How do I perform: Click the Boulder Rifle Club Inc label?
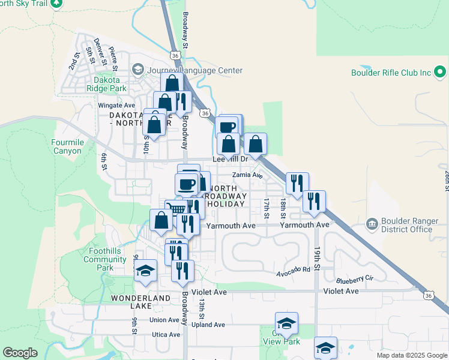pos(391,73)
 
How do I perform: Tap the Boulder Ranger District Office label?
pos(406,225)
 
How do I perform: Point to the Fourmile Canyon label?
pos(67,146)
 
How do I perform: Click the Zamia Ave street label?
pos(248,175)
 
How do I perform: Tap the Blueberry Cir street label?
pos(355,279)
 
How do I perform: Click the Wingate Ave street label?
pos(116,105)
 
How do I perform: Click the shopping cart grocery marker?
pos(176,209)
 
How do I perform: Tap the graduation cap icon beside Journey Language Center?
pos(138,70)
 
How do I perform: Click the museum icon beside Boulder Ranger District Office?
pos(372,225)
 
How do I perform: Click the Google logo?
pos(20,353)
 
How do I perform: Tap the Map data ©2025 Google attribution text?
pos(412,355)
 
